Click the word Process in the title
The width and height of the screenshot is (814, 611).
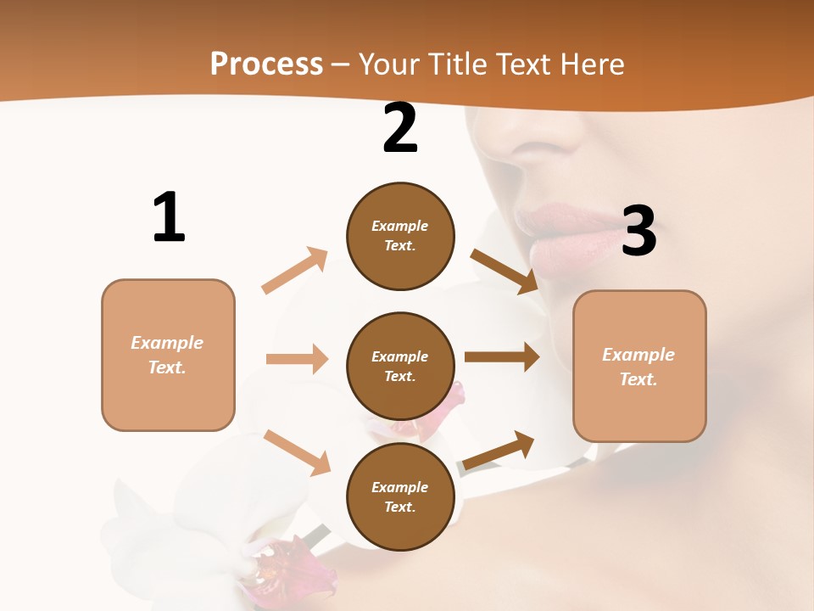click(266, 64)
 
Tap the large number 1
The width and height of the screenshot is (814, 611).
click(169, 218)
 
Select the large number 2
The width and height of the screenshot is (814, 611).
click(400, 128)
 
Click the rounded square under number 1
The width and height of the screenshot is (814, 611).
click(168, 355)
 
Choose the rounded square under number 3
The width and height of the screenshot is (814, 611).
click(639, 366)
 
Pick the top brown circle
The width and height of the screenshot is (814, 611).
click(400, 236)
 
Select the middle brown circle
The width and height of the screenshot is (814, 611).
click(400, 366)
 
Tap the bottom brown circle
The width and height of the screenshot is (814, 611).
click(400, 496)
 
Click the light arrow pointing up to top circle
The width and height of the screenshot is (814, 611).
click(295, 271)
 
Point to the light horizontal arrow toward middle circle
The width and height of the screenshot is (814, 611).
click(297, 359)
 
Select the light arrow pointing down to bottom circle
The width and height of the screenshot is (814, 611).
click(297, 452)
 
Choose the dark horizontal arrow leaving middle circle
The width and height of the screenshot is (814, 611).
click(501, 357)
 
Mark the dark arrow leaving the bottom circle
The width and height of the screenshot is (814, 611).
click(499, 451)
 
